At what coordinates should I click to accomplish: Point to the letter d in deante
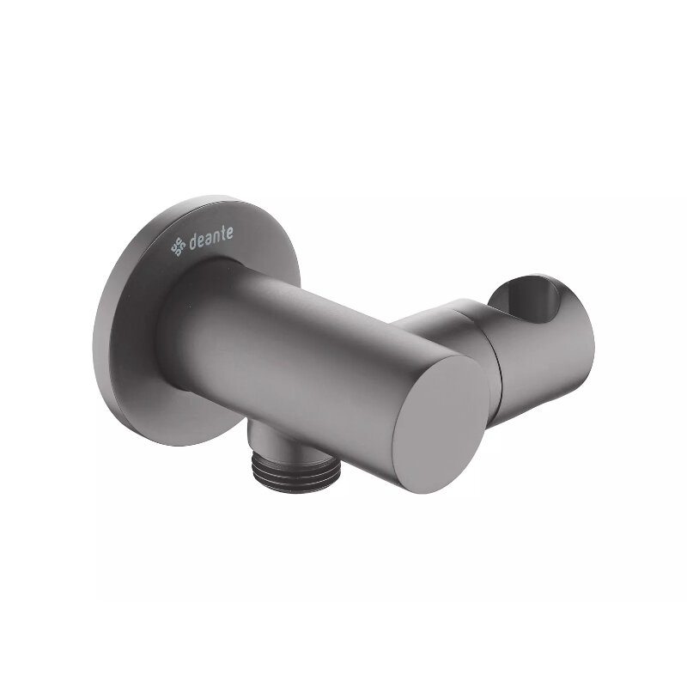(x=192, y=243)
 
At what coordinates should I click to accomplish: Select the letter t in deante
(x=223, y=234)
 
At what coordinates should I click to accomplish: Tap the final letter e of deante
(x=230, y=234)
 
